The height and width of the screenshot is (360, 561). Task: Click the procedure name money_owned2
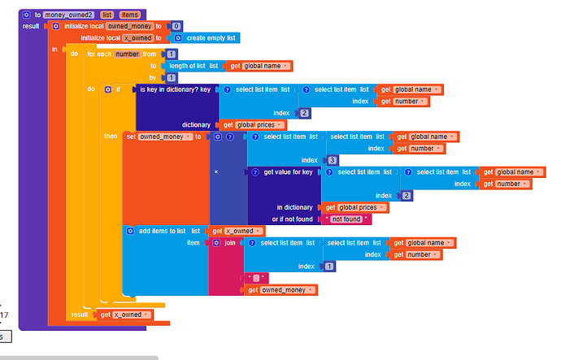click(x=71, y=15)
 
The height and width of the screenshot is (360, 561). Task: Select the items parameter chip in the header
click(x=130, y=15)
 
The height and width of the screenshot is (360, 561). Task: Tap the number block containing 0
click(x=176, y=26)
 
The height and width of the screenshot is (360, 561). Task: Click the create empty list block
click(x=212, y=37)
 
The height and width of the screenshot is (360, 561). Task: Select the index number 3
click(x=333, y=160)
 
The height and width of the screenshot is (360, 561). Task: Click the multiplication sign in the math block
click(x=215, y=172)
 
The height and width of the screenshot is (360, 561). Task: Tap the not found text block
click(x=348, y=219)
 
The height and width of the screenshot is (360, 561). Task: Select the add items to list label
click(x=163, y=231)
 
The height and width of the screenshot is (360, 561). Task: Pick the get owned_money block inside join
click(x=281, y=290)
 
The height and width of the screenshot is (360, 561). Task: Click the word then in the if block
click(x=111, y=137)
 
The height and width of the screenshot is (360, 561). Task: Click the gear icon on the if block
click(x=108, y=89)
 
